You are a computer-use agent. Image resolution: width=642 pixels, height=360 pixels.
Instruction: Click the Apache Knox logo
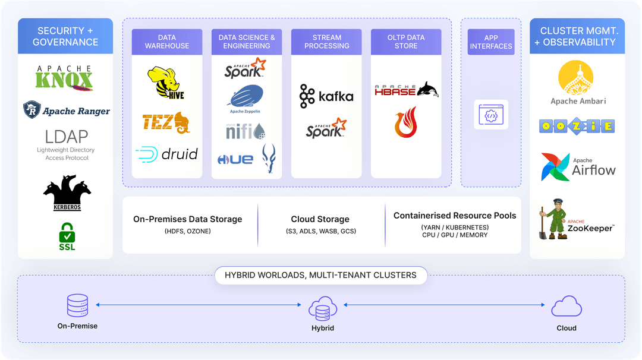click(x=65, y=78)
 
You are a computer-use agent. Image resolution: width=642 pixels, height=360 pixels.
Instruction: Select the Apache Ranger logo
click(x=66, y=110)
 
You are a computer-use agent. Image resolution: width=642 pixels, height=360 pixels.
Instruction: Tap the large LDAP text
click(x=66, y=137)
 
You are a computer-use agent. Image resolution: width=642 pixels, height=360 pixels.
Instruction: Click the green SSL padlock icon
click(x=67, y=236)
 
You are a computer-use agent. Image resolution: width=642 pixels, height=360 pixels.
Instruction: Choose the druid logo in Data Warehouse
click(x=166, y=154)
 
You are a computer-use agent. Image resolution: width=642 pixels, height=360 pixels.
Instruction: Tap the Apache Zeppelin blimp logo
click(x=245, y=99)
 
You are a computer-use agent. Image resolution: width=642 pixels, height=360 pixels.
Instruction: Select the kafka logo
click(x=326, y=96)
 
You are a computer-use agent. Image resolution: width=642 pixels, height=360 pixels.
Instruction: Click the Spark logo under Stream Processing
click(x=326, y=128)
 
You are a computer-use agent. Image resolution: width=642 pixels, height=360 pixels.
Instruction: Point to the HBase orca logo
click(x=407, y=90)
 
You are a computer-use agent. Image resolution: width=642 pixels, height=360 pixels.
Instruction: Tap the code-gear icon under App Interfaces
click(x=491, y=115)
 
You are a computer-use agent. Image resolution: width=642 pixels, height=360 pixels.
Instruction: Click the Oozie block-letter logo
click(x=577, y=126)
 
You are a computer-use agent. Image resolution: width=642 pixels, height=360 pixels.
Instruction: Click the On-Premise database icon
click(x=77, y=305)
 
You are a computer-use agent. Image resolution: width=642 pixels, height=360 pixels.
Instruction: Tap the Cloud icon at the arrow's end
click(x=566, y=307)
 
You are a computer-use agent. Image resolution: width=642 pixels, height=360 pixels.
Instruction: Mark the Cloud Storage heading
click(x=320, y=219)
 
